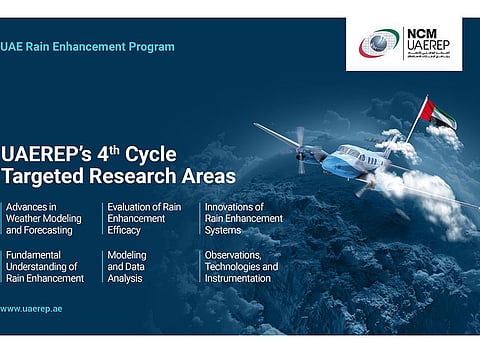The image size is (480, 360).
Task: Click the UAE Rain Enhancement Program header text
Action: coord(87,47)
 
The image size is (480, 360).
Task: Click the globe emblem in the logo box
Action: coord(379,44)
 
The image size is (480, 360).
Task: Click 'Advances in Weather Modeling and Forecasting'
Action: coord(46,219)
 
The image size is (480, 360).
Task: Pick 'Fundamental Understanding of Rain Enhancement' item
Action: coord(45,267)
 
